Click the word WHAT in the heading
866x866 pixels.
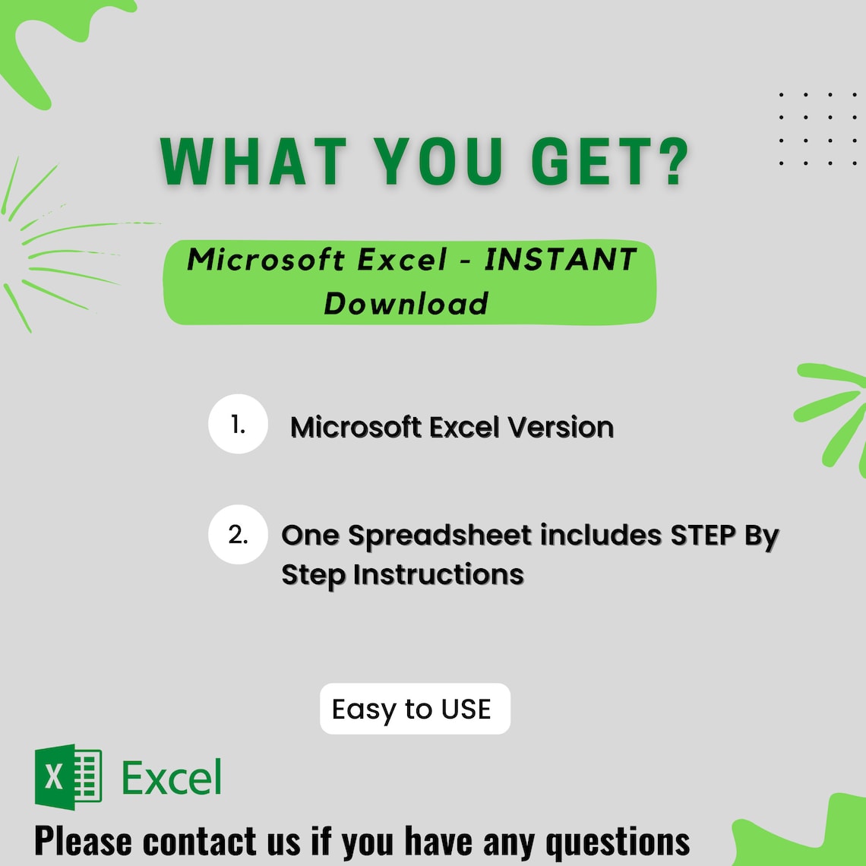[x=254, y=161]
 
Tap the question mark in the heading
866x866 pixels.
[x=672, y=161]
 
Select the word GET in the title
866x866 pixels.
[x=583, y=161]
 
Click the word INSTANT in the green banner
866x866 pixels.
[x=561, y=260]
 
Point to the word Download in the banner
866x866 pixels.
[x=406, y=304]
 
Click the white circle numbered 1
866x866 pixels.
[x=238, y=424]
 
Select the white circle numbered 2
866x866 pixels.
[x=238, y=535]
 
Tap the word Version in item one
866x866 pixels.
[x=561, y=428]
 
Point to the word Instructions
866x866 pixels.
[x=438, y=574]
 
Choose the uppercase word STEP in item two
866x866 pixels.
[x=703, y=536]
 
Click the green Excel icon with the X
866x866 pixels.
[x=68, y=776]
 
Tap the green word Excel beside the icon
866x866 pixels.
[x=172, y=778]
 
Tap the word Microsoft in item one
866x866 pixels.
[x=357, y=428]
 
